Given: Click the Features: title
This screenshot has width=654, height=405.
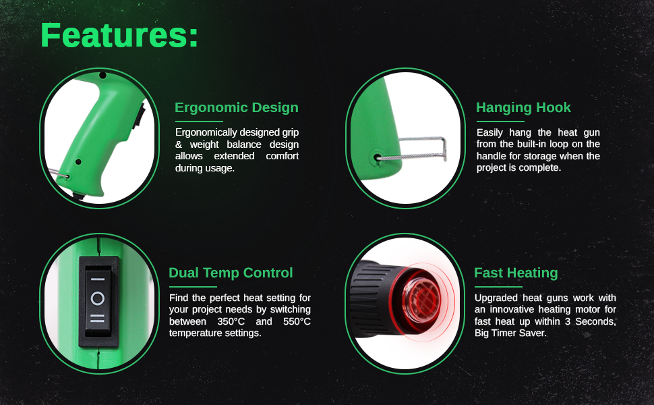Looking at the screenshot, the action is [119, 35].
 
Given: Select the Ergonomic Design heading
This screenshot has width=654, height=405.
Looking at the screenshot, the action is [237, 108].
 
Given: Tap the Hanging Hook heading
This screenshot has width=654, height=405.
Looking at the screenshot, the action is [523, 108].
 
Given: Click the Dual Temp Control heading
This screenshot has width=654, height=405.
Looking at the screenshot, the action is [231, 273].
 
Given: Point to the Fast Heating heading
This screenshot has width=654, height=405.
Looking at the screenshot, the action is [516, 273].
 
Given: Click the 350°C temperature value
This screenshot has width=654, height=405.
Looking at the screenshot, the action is [231, 322].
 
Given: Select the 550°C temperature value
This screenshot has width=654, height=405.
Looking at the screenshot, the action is [297, 322].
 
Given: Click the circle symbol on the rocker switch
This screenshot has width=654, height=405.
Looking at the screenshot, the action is [98, 298].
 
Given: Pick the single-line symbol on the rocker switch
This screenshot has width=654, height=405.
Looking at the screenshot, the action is [98, 279].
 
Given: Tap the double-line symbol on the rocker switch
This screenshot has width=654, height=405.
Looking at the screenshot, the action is [98, 319].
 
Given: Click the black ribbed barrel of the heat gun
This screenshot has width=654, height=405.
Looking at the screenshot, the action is [372, 298].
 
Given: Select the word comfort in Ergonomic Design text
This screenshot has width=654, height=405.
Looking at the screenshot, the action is [283, 156].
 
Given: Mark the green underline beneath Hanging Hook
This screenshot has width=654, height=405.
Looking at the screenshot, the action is [500, 122].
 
